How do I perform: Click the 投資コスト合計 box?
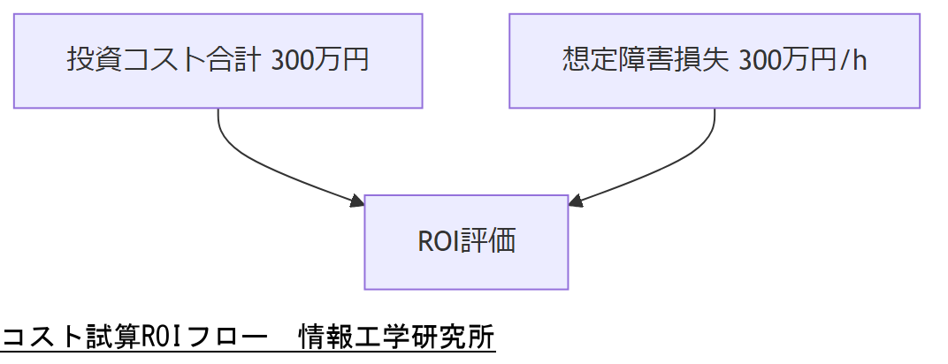(x=218, y=61)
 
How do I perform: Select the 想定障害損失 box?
(x=715, y=61)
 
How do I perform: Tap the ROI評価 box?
(x=466, y=242)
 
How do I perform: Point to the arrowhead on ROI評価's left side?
(x=357, y=201)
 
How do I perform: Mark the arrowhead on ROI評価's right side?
(x=575, y=201)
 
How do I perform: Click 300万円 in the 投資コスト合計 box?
(x=319, y=61)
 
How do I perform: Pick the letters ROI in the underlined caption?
(x=157, y=338)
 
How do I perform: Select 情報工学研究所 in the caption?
(x=396, y=338)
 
